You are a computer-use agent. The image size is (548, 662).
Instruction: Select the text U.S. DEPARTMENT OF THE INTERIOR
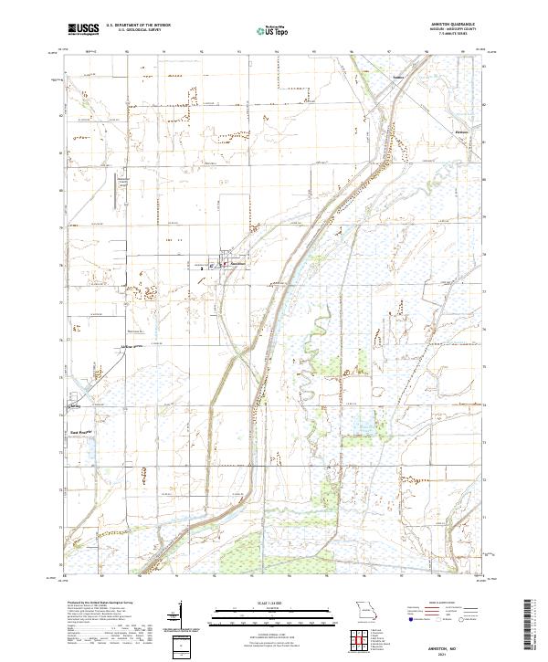(138, 26)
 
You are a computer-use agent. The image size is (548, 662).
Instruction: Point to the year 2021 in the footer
(460, 653)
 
